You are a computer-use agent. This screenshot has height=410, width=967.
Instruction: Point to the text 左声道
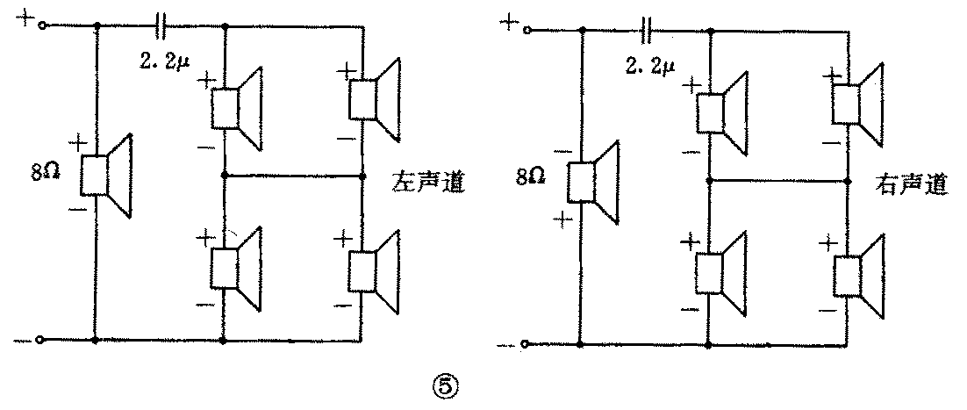pos(426,185)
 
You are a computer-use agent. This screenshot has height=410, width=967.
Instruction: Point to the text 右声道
pos(913,187)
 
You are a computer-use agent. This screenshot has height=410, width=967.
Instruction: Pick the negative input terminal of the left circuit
pos(39,339)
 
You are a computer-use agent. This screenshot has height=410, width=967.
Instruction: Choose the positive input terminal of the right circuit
pos(526,31)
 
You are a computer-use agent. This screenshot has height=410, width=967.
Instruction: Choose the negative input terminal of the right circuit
pos(525,343)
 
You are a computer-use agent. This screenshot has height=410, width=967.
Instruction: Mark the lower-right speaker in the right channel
pos(860,277)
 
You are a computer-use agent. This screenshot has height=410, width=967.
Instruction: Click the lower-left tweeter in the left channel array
pos(237,268)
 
